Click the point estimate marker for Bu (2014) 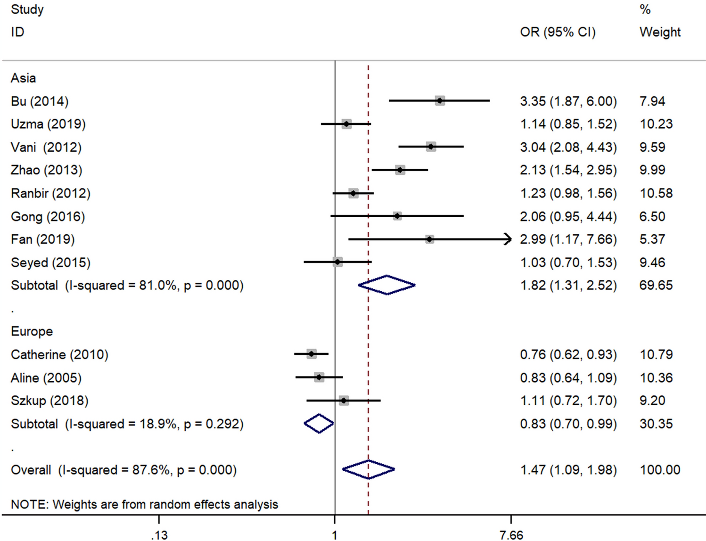coord(439,100)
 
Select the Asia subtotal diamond coord(386,285)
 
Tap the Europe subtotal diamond coord(319,424)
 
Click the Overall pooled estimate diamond coord(369,469)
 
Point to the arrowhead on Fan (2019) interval coord(508,239)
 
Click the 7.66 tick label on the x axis coord(511,535)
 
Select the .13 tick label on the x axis coord(159,535)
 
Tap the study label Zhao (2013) coord(46,170)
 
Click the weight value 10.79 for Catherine coord(656,354)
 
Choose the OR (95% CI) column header coord(558,32)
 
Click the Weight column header coord(660,32)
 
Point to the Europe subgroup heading coord(32,331)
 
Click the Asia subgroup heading coord(23,78)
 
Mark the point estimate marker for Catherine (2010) coord(312,354)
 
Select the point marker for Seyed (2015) coord(337,262)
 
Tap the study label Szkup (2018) coord(49,401)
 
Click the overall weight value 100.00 coord(660,470)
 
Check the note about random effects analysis coord(144,504)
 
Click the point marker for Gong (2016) coord(397,216)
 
